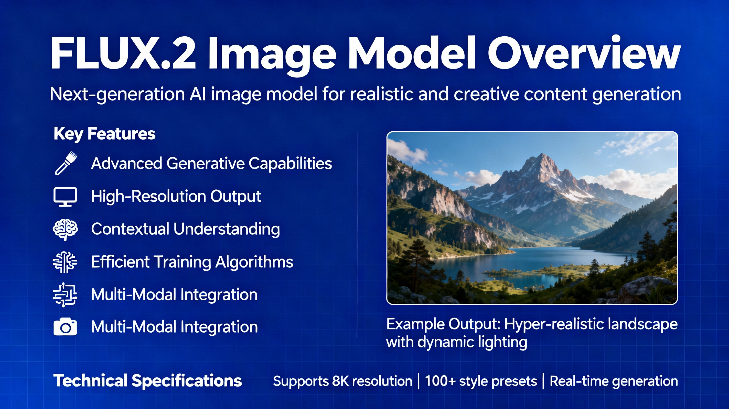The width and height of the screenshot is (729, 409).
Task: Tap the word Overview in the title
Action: coord(584,53)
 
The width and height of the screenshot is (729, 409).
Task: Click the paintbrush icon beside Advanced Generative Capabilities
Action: coord(65,163)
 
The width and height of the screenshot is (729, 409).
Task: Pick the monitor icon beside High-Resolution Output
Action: coord(65,196)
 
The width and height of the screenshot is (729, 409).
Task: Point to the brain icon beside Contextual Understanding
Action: coord(65,229)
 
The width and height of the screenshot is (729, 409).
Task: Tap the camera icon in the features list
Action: coord(65,327)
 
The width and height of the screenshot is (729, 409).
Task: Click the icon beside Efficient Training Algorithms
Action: coord(65,262)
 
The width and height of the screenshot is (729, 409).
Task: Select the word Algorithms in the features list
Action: coord(254,262)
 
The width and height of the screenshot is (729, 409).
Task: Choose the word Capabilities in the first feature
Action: coord(290,163)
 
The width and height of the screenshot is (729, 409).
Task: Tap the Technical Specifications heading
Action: coord(147,380)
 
